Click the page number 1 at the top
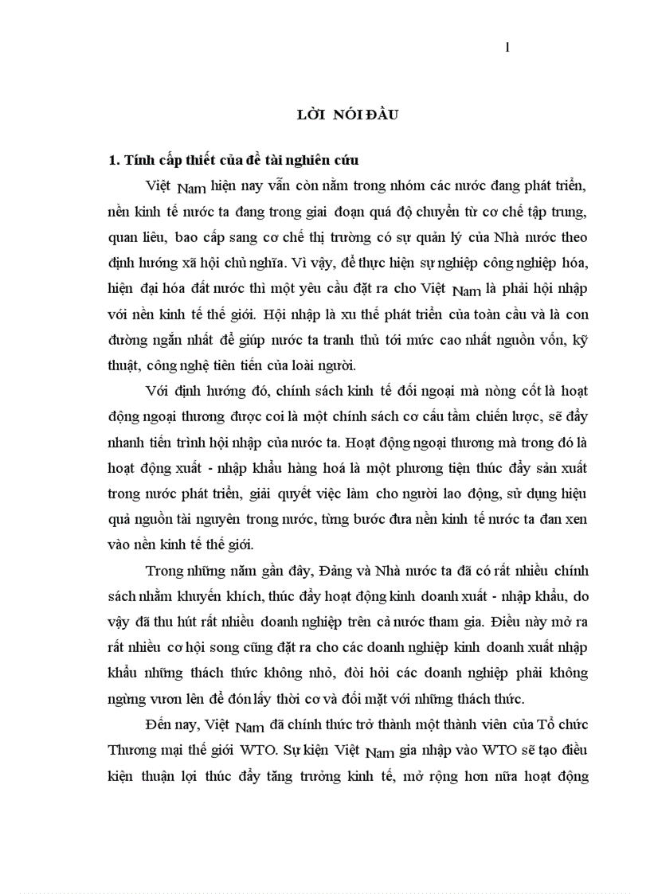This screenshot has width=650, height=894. [507, 47]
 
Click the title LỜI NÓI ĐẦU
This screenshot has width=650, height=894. [343, 115]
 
